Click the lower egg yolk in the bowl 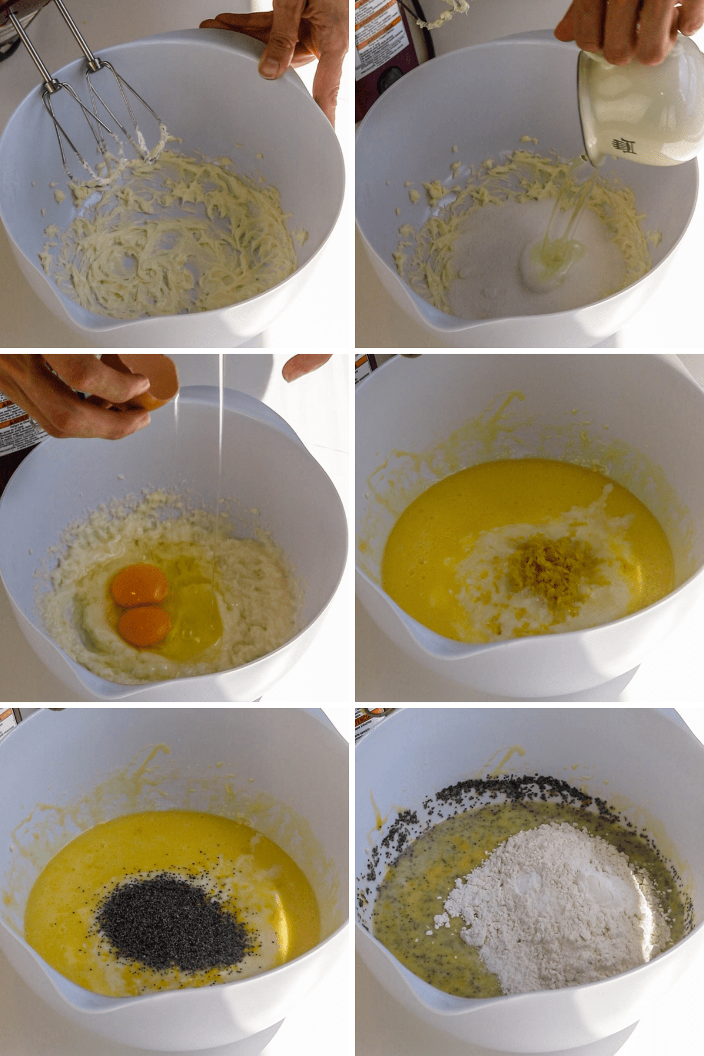click(x=144, y=625)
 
